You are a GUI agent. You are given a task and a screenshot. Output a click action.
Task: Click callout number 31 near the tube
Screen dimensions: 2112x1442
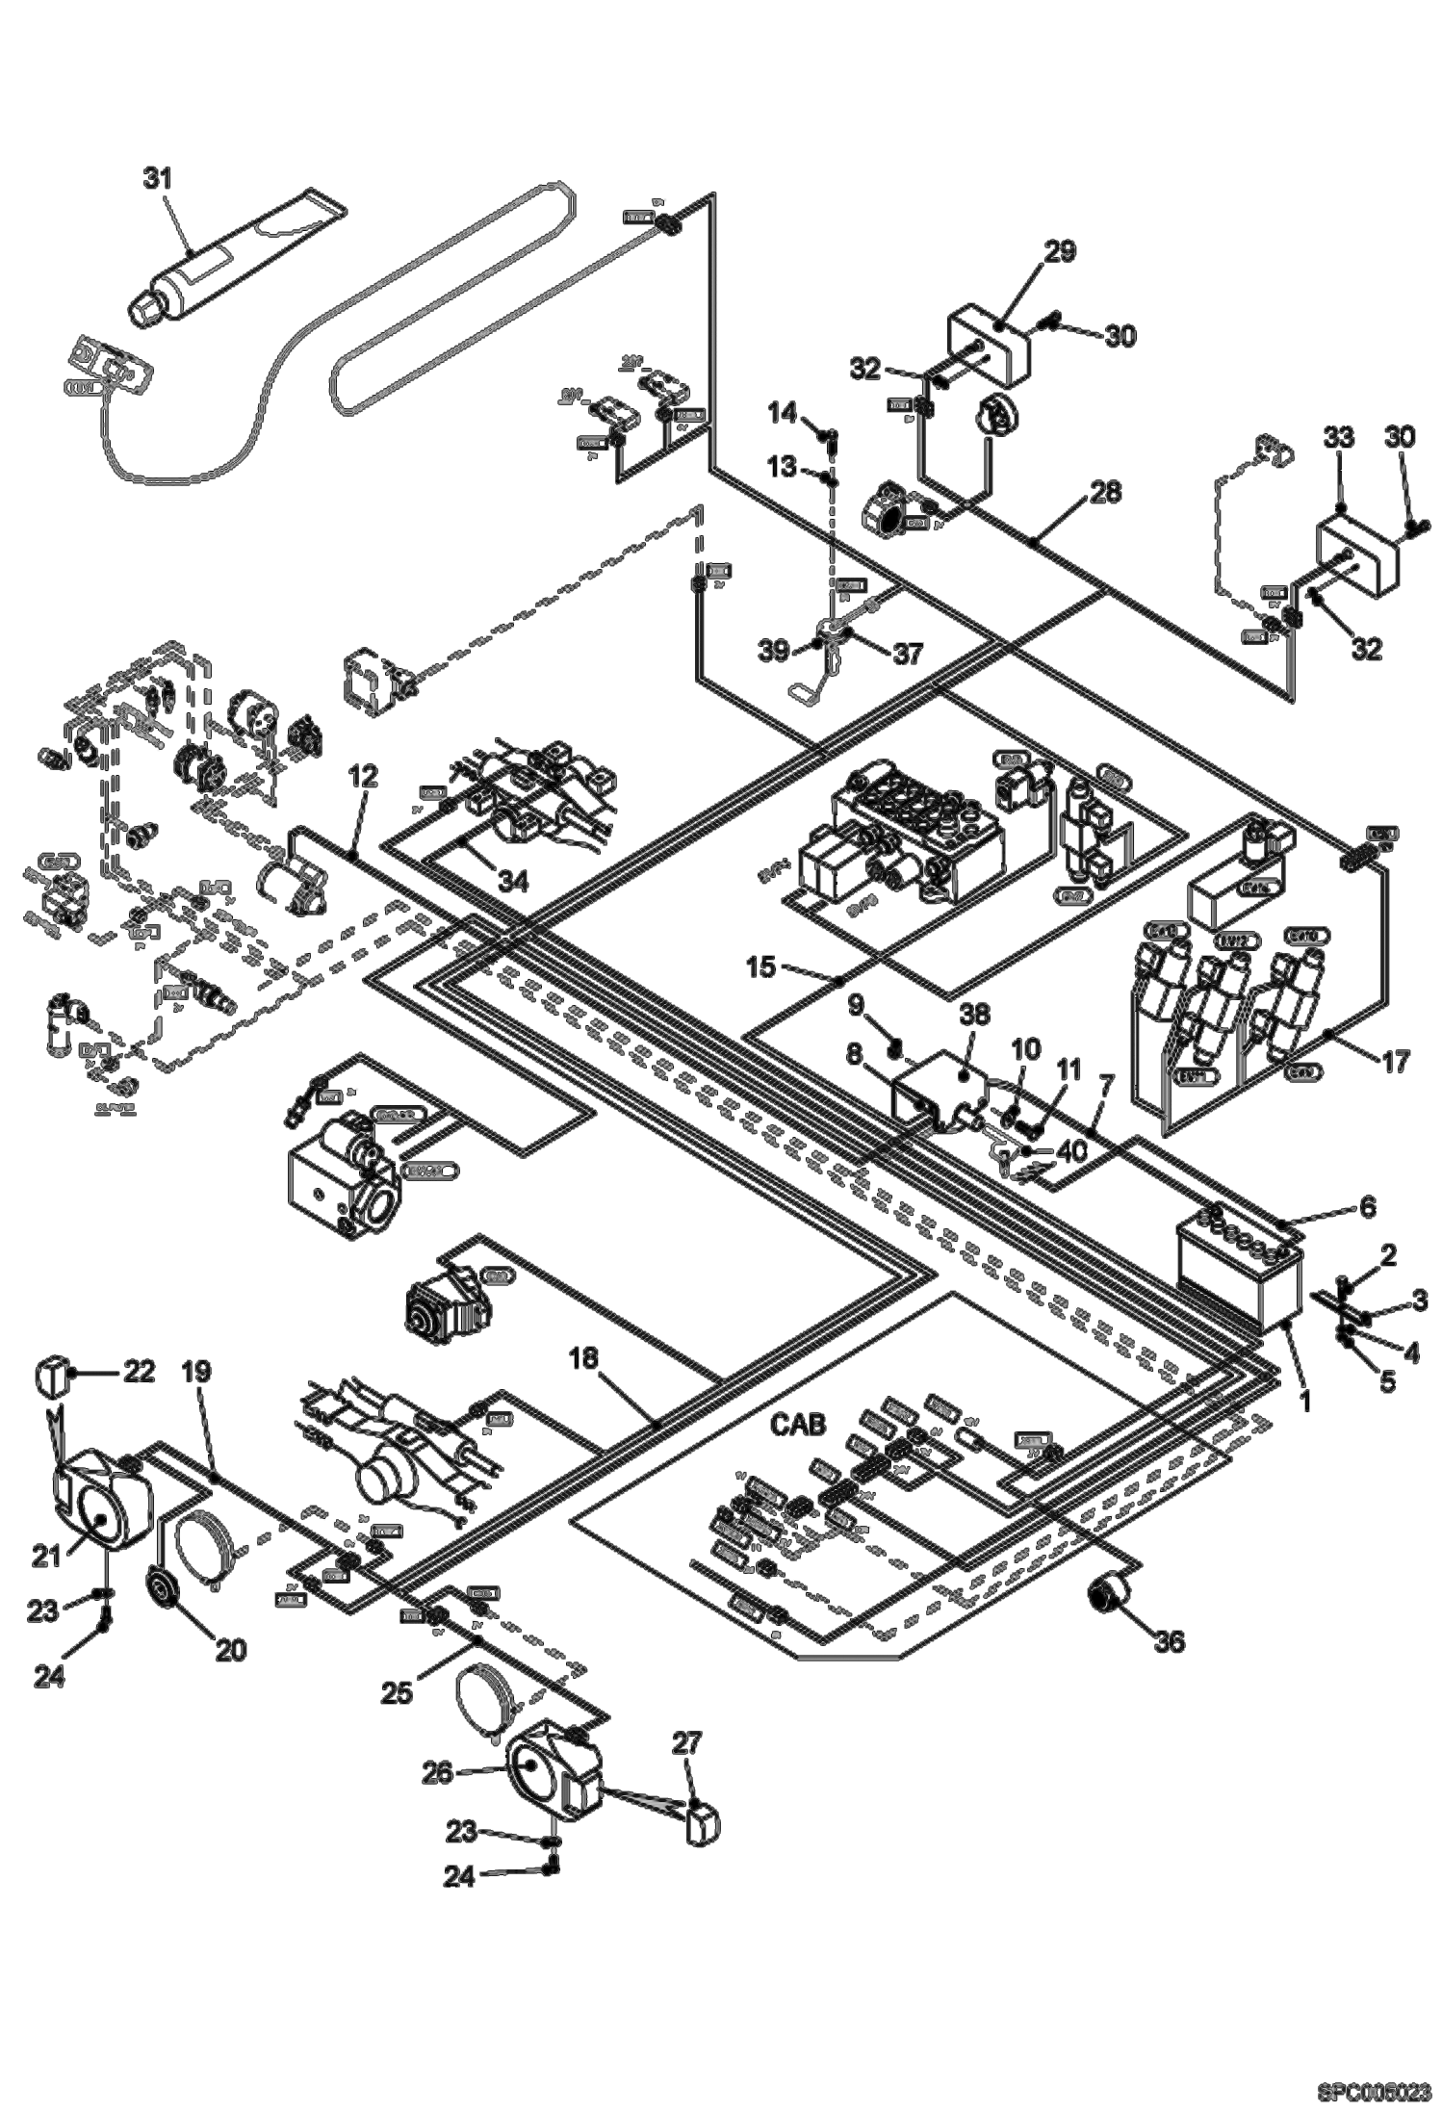click(x=157, y=177)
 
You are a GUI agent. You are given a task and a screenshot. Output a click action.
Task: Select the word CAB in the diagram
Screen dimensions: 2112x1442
click(x=798, y=1425)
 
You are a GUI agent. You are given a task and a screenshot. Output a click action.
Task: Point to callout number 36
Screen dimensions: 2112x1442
click(x=1170, y=1640)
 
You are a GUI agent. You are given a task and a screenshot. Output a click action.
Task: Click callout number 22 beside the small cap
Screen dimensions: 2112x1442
click(x=138, y=1371)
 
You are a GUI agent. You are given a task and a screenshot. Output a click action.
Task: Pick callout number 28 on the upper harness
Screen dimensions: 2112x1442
click(x=1105, y=493)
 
